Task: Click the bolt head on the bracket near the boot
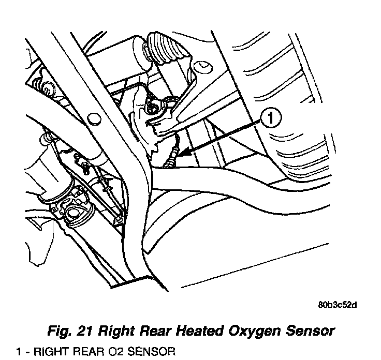tap(154, 108)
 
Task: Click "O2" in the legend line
tap(115, 352)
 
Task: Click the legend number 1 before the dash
tap(18, 352)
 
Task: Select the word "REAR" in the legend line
tap(90, 352)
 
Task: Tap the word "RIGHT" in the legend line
tap(53, 352)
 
